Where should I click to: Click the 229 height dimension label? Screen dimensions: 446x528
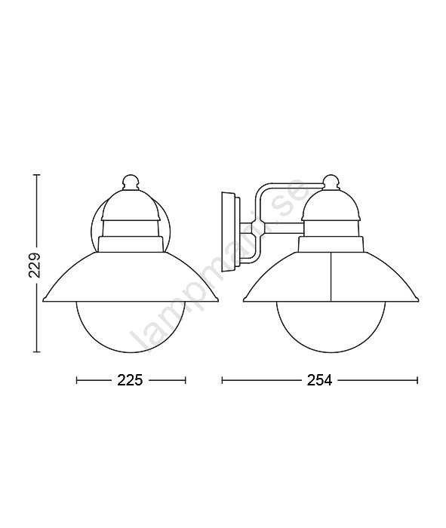point(35,264)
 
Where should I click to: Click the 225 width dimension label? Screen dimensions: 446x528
point(130,380)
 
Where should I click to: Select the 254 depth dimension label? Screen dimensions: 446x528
point(319,380)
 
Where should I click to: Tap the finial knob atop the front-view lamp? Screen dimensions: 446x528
point(130,182)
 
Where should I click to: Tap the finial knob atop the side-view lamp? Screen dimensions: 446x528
point(331,182)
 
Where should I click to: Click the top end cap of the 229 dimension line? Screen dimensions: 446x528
point(37,175)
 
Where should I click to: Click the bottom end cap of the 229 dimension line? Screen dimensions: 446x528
point(37,352)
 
